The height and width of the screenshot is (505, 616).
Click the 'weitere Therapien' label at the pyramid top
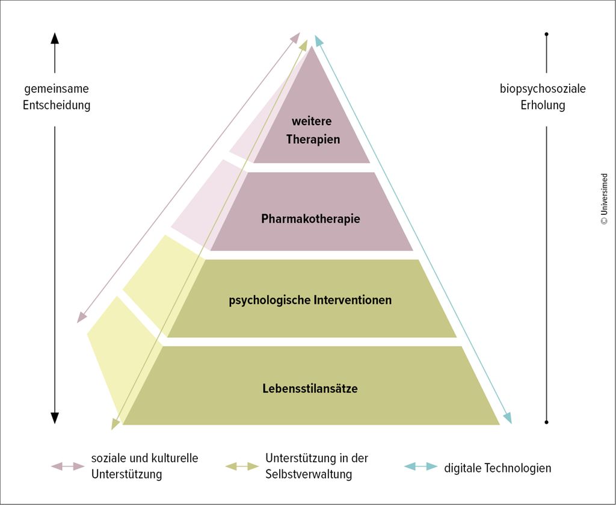point(313,130)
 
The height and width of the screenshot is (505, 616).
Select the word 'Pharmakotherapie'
point(310,218)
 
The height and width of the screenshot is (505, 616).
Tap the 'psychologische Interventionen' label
point(310,300)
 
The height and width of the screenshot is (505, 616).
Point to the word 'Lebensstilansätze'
point(310,388)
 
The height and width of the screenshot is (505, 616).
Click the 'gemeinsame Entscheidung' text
point(57,97)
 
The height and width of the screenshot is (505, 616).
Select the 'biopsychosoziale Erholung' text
point(543,97)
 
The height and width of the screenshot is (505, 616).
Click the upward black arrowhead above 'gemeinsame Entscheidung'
point(55,38)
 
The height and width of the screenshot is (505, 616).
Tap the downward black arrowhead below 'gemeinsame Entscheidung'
point(55,418)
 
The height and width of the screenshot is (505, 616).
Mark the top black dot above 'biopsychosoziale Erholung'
point(546,34)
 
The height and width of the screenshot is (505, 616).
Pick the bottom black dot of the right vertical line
point(546,422)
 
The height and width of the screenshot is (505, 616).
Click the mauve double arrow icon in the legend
point(67,466)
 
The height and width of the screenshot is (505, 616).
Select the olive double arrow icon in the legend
point(242,466)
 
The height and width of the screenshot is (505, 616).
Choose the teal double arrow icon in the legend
point(420,466)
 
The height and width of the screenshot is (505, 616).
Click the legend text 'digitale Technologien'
point(497,468)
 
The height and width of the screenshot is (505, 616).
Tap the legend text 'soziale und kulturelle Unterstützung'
point(144,466)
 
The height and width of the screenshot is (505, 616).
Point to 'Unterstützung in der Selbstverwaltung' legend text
point(316,466)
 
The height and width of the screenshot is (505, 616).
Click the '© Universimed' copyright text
point(604,199)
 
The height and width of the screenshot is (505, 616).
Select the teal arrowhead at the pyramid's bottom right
point(507,418)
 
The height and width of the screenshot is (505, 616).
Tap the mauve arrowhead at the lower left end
point(81,317)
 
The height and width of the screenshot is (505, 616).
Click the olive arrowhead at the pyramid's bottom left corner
point(115,424)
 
